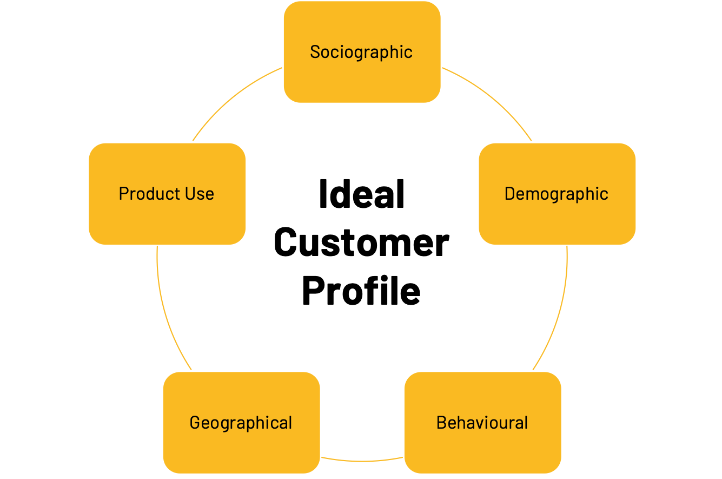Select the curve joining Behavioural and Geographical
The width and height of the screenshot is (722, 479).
(x=362, y=461)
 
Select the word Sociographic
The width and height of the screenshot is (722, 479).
(x=361, y=53)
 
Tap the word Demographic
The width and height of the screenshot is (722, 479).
(x=557, y=194)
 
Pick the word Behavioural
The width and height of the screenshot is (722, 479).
(x=482, y=423)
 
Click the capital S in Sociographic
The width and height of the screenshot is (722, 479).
(x=315, y=52)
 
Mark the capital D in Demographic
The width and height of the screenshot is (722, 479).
(x=509, y=194)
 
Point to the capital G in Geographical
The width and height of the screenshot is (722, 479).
(x=195, y=423)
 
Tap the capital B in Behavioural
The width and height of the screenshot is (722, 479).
(x=441, y=423)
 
